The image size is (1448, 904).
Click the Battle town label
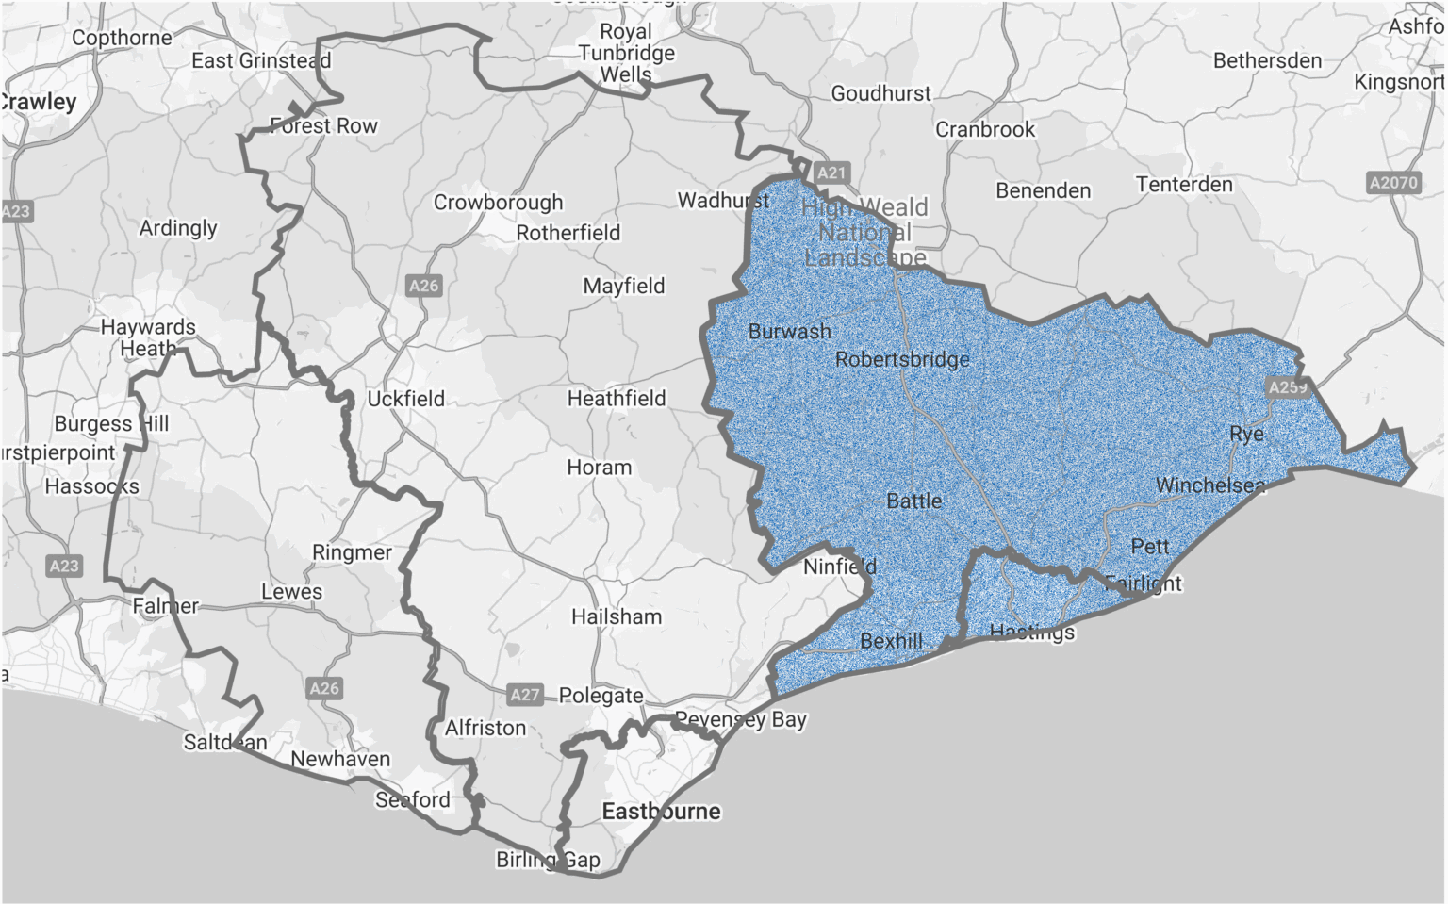pos(913,501)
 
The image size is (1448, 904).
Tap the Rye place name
pos(1246,434)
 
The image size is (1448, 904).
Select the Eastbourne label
pos(661,811)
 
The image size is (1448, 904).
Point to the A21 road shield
pos(831,173)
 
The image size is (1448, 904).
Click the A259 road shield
pos(1287,387)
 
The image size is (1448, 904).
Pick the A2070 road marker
pos(1393,182)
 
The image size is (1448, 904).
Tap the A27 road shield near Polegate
pos(525,695)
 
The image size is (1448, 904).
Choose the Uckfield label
pos(405,399)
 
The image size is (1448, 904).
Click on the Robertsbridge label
pos(902,359)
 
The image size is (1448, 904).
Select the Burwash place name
pos(790,332)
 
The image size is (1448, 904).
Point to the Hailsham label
pos(617,616)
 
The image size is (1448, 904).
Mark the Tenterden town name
pos(1184,184)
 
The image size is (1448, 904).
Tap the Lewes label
pos(291,592)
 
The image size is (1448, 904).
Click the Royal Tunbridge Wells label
pos(626,53)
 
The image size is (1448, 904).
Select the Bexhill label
pos(891,641)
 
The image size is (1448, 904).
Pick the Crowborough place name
pos(498,202)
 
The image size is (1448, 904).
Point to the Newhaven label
pos(340,759)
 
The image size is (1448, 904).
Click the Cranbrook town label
pos(985,129)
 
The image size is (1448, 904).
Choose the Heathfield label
pos(617,399)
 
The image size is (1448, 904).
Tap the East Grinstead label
pos(261,60)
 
